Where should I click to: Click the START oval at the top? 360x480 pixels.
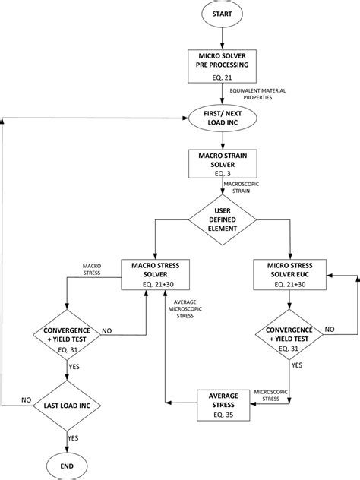(221, 14)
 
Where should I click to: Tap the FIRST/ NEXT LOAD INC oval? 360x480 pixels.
(221, 119)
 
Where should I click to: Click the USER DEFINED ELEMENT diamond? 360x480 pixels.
(221, 223)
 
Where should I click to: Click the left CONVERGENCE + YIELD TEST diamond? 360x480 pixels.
(68, 335)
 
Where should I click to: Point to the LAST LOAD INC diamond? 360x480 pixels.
(68, 406)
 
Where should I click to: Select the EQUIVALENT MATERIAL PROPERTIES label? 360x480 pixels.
(260, 94)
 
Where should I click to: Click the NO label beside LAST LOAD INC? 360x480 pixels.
(26, 397)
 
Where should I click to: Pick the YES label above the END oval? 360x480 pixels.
(74, 437)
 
